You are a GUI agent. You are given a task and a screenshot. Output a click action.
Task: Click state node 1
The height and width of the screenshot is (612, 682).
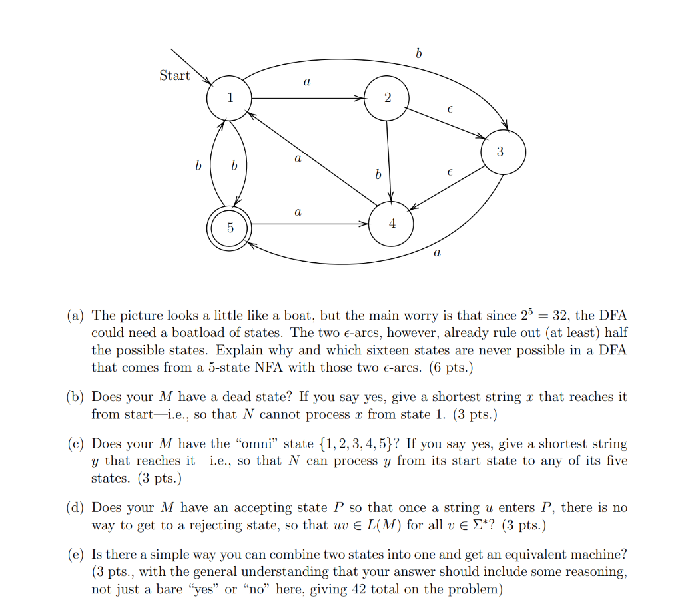click(229, 99)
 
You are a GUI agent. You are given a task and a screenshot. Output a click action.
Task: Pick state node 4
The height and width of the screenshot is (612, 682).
click(392, 224)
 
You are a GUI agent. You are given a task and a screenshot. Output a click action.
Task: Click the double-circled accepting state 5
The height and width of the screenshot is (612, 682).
click(230, 228)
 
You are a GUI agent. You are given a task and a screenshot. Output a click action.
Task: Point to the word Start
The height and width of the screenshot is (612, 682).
click(174, 75)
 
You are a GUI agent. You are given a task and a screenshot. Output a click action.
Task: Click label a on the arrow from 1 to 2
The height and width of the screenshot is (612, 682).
click(306, 83)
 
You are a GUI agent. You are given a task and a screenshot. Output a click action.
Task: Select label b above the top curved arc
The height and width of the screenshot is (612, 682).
click(418, 54)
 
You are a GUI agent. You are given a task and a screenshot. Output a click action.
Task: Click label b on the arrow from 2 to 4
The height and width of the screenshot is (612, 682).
click(378, 174)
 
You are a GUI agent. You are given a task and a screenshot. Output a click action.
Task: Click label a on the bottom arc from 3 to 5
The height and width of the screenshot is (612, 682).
click(436, 253)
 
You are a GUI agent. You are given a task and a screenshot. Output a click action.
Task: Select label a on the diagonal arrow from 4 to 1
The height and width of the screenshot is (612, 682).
click(297, 159)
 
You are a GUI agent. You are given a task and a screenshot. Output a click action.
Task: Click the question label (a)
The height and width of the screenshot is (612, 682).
click(75, 315)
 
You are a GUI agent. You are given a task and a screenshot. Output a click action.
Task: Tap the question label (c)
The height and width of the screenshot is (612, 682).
click(75, 444)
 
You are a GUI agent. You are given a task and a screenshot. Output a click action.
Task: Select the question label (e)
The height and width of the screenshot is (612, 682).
click(75, 554)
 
